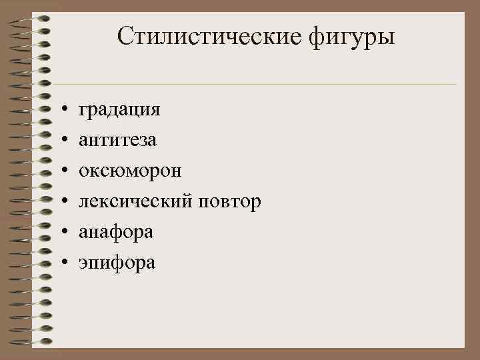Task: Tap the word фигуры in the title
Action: [352, 37]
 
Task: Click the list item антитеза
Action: [118, 140]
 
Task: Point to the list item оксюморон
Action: [130, 171]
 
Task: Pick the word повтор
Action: [231, 201]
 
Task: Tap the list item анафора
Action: [116, 232]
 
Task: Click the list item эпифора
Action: [117, 263]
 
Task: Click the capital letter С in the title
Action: [125, 36]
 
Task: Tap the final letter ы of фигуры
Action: [388, 37]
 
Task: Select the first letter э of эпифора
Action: [83, 262]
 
